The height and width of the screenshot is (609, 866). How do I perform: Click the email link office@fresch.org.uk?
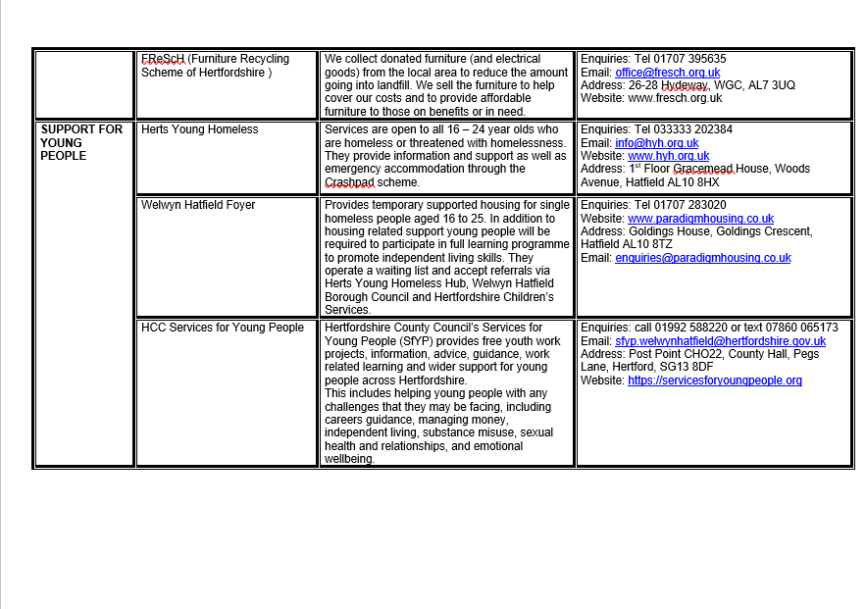tap(668, 73)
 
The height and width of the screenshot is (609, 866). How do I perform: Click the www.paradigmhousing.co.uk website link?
tap(701, 219)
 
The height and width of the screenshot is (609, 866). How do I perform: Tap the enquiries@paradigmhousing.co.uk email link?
tap(703, 258)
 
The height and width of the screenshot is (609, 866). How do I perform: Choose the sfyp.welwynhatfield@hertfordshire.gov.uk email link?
tap(721, 341)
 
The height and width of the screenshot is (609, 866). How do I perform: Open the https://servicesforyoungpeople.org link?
tap(715, 381)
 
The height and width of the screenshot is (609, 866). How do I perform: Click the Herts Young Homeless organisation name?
tap(200, 129)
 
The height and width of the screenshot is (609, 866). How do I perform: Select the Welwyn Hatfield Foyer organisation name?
tap(198, 205)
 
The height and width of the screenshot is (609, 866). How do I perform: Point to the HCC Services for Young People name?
tap(223, 328)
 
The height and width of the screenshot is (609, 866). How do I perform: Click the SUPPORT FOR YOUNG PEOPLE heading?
tap(81, 142)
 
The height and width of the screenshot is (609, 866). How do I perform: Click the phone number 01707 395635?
tap(692, 59)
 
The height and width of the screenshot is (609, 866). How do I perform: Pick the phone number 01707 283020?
tap(692, 205)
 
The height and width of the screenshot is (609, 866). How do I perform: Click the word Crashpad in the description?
tap(349, 182)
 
